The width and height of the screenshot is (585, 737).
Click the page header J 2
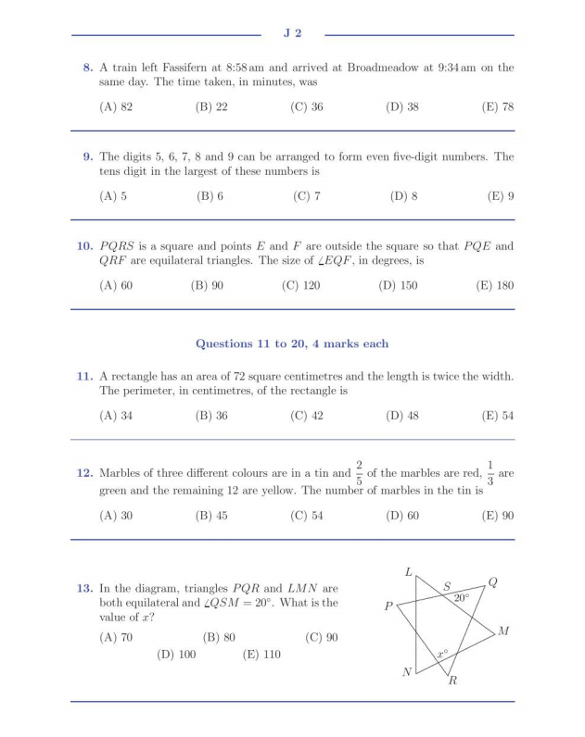point(292,34)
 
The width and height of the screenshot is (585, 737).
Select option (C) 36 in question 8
point(307,107)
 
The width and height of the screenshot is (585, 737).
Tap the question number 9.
point(87,156)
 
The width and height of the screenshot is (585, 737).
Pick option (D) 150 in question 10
point(399,285)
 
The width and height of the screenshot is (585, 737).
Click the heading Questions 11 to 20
point(292,344)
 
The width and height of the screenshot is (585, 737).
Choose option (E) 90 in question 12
point(498,516)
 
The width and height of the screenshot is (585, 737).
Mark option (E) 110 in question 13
point(261,655)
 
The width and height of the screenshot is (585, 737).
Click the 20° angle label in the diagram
point(461,598)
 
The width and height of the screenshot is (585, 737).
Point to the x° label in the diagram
point(443,655)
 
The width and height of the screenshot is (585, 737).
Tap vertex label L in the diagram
point(408,572)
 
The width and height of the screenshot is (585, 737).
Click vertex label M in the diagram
point(503,631)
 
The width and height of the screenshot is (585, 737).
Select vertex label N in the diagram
point(406,672)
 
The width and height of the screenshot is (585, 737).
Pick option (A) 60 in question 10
point(116,285)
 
